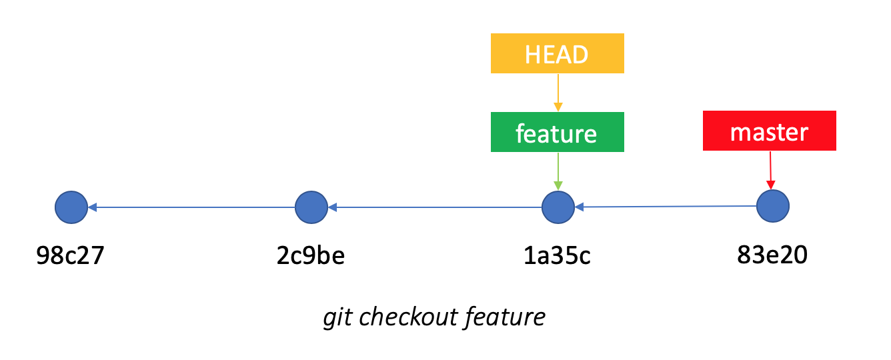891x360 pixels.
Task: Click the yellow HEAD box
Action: coord(558,53)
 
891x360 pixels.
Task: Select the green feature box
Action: coord(558,132)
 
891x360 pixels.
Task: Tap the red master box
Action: coord(769,131)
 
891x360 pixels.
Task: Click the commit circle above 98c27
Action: coord(71,207)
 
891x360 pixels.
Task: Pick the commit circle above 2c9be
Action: coord(311,207)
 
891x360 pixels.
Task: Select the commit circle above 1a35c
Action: coord(558,207)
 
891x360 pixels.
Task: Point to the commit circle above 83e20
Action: coord(773,206)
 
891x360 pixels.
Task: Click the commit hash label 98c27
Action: coord(70,255)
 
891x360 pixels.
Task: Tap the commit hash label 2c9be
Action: coord(311,255)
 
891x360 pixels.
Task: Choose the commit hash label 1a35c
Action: coord(557,255)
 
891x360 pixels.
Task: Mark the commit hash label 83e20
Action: coord(772,255)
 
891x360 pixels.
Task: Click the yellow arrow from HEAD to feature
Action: coord(558,93)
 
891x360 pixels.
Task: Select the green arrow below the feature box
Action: coord(558,171)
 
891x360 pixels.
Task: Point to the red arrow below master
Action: coord(770,170)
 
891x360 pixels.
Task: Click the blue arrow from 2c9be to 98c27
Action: coord(191,207)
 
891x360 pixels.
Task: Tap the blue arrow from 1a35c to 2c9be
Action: coord(435,207)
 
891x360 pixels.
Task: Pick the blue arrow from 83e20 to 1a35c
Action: coord(666,207)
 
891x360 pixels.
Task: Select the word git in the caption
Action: coord(337,318)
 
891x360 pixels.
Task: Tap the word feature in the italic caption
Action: coord(505,317)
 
